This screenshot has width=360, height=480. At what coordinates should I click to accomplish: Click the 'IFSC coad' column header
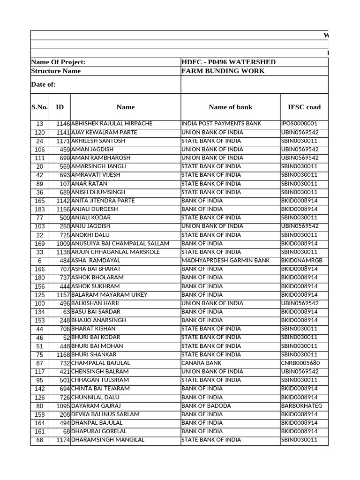[304, 107]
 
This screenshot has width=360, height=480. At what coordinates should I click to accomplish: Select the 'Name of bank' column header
[230, 107]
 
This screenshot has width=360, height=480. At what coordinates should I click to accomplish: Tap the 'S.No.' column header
[39, 107]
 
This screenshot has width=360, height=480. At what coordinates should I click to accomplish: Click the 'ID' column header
[60, 107]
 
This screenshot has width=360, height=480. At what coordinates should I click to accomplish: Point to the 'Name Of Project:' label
[58, 62]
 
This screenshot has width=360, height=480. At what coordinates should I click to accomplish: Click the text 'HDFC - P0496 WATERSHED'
[228, 62]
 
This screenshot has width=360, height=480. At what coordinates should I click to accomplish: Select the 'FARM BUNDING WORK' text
[223, 71]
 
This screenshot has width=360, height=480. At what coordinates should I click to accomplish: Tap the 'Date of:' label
[43, 84]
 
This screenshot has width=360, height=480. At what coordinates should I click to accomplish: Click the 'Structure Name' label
[55, 71]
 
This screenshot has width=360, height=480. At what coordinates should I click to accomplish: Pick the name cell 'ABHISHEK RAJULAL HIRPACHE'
[112, 124]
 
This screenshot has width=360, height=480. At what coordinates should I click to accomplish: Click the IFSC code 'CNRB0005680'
[300, 363]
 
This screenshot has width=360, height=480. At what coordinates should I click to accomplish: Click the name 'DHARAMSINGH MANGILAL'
[107, 440]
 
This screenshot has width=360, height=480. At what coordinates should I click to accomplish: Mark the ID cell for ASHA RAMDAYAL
[63, 260]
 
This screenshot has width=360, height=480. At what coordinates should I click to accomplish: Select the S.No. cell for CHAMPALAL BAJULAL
[39, 363]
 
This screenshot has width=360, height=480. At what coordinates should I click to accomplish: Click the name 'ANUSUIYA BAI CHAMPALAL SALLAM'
[120, 243]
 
